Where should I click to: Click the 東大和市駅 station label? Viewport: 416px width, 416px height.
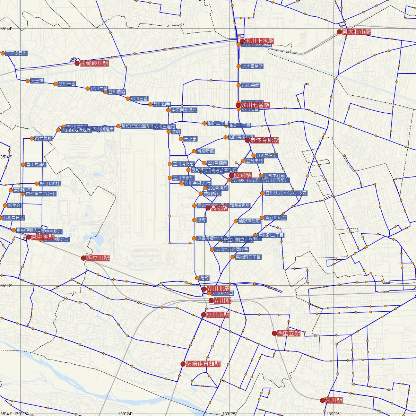pos(356,32)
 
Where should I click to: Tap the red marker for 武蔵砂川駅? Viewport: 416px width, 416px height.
pos(77,63)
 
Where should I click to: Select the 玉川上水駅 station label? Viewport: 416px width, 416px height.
pos(259,41)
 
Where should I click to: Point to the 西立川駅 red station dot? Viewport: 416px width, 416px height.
pos(84,258)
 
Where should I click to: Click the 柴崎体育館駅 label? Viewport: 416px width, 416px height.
pos(203,364)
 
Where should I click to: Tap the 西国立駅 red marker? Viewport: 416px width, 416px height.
pos(275,333)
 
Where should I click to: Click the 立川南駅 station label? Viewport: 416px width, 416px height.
pos(218,315)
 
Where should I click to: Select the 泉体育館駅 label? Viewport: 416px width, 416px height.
pos(265,140)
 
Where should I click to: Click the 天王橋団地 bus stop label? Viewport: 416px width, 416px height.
pos(16,53)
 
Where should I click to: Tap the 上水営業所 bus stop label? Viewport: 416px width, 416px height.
pos(252,66)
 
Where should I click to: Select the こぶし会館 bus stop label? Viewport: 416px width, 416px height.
pos(251,85)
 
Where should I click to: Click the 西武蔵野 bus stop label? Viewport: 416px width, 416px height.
pos(43,138)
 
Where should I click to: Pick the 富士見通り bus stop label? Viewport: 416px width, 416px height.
pos(36,165)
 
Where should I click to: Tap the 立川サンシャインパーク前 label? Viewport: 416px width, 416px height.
pos(286,193)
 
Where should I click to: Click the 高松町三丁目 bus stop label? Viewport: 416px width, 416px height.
pos(248,257)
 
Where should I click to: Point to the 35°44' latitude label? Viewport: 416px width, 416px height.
pos(6,28)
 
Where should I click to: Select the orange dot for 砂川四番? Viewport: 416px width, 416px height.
pos(150,104)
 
